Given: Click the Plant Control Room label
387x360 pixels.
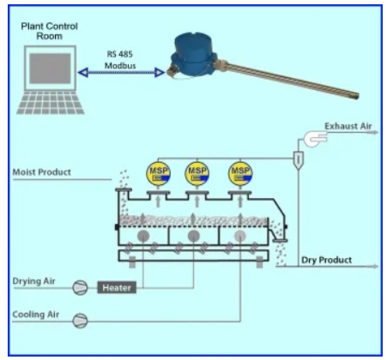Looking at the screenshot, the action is coord(49,31).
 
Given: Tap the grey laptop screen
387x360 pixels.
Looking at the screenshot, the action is coord(50,69).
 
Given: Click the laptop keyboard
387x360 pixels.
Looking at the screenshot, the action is coord(51,103).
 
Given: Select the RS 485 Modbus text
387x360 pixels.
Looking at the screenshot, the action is coord(120,60).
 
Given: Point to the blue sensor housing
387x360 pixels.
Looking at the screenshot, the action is coord(192,55).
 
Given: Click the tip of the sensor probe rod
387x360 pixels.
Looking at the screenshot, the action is coord(357,96).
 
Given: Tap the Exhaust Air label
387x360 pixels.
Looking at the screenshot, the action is coord(348,126).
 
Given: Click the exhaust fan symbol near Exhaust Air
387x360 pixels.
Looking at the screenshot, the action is coord(315,139).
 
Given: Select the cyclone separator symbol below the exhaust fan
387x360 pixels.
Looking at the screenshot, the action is coord(298,160).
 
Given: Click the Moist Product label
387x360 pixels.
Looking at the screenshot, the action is coord(42,172).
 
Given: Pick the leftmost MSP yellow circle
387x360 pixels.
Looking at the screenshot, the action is coord(159,173).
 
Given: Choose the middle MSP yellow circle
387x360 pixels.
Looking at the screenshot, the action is coord(197,173).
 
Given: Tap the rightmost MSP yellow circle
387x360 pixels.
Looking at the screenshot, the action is coord(240,173).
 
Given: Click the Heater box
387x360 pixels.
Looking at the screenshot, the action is coord(117,287).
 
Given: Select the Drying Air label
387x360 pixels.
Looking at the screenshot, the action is coord(33,281).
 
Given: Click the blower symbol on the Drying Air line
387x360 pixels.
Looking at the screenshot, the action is coord(80,287).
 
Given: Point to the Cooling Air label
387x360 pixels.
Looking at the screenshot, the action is coord(36,315).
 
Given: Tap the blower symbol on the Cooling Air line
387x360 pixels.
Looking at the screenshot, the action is coord(80,321).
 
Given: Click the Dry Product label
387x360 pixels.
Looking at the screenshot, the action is coord(326,260).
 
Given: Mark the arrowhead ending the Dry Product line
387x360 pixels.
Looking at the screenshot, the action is coord(375,267).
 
